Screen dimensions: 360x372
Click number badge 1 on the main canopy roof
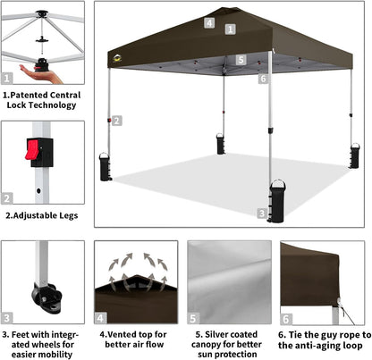(x=230, y=29)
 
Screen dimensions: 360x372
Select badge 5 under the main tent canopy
(x=241, y=61)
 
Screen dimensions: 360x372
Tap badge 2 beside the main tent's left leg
(x=117, y=120)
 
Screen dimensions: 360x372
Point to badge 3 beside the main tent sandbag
(x=260, y=213)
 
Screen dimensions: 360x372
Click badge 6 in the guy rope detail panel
(x=286, y=318)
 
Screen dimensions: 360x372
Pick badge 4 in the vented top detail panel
(x=101, y=317)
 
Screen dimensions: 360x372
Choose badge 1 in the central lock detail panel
(x=8, y=78)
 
